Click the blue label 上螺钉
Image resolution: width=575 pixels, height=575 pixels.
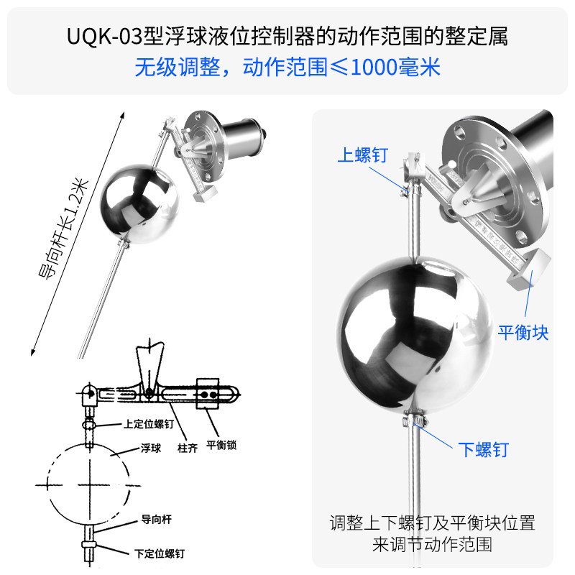coord(363,155)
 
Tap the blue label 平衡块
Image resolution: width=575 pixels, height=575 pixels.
coord(523,333)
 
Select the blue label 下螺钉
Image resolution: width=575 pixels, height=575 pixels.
coord(483,450)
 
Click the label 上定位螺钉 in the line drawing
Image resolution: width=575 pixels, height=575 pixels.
coord(149,424)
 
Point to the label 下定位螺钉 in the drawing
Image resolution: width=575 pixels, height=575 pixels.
coord(159,553)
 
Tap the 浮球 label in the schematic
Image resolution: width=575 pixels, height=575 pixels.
coord(151,448)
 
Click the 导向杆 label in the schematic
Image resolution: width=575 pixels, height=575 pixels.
coord(156,519)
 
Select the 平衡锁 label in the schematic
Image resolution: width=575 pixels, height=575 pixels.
coord(221,445)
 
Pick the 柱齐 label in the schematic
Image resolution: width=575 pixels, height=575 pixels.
coord(188,448)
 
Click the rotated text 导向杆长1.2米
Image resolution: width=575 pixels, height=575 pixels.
coord(63,229)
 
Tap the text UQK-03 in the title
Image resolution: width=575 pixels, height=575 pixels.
coord(104,37)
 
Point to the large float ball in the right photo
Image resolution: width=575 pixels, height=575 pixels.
coord(415,335)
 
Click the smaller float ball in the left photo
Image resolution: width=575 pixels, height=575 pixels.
coord(139,204)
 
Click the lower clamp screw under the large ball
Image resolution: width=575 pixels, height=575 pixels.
coord(415,420)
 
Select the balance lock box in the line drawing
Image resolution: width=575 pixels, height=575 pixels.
coord(208,394)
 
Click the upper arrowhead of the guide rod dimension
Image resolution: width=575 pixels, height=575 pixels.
coord(123,115)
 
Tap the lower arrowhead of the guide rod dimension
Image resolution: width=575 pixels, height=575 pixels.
coord(32,352)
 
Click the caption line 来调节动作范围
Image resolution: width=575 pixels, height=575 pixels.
coord(432,544)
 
